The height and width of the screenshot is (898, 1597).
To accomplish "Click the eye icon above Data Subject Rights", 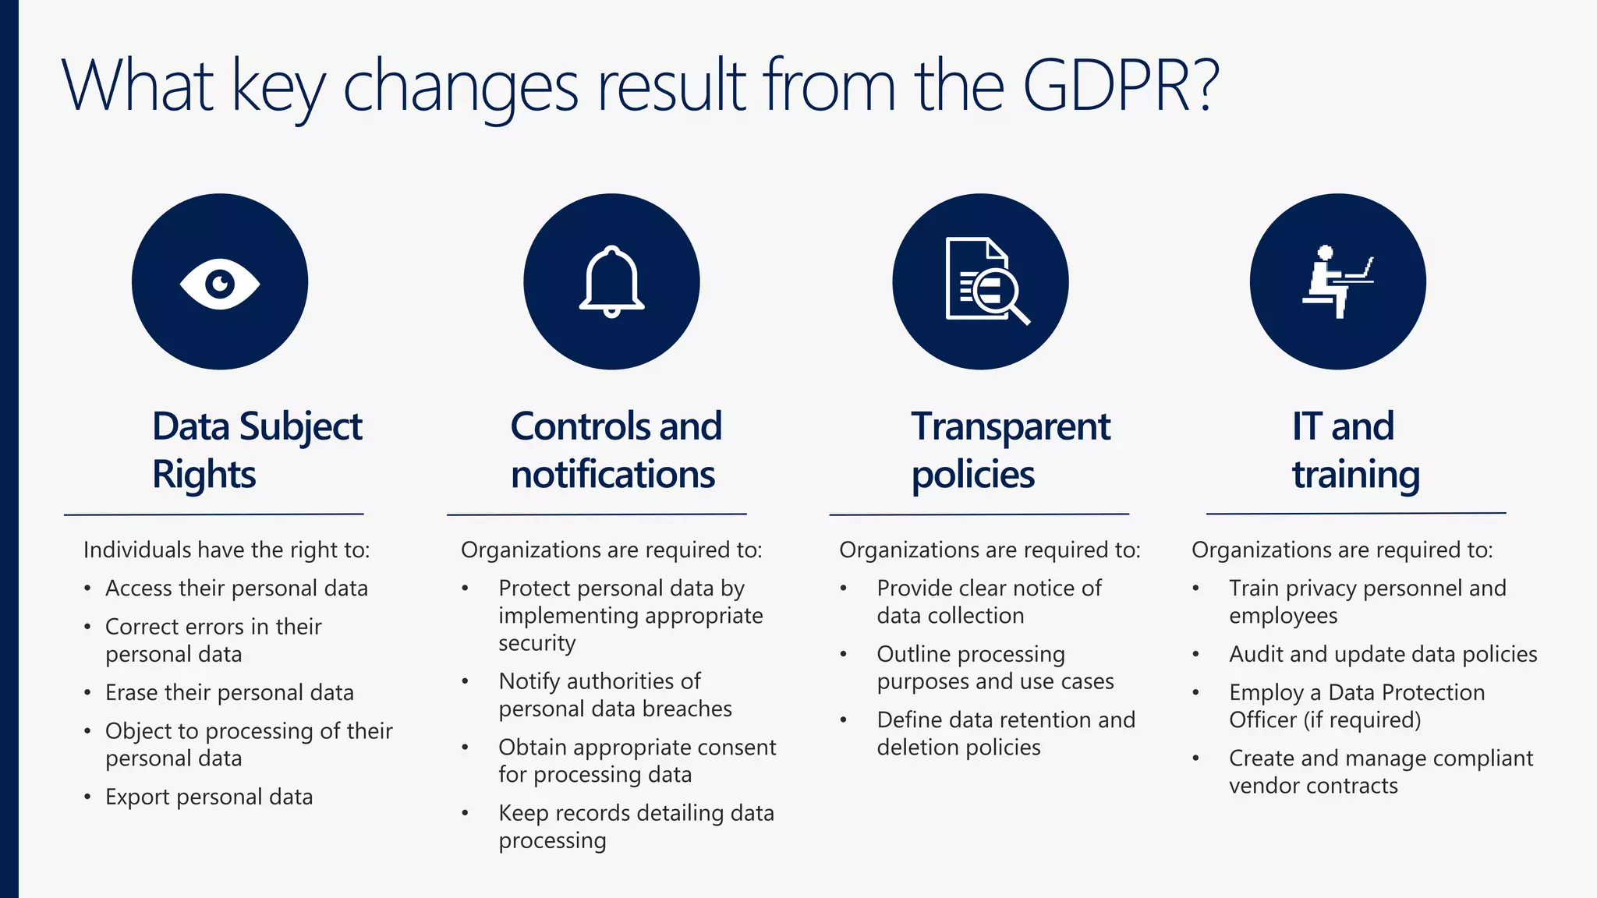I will tap(220, 283).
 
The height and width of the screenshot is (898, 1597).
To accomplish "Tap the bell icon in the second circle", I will tap(611, 282).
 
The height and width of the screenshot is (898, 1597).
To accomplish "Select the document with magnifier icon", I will tap(985, 281).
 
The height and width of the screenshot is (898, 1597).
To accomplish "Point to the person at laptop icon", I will tap(1337, 281).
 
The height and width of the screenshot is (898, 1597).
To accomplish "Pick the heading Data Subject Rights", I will tap(257, 450).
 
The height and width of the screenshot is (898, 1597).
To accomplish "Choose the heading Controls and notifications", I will tap(615, 450).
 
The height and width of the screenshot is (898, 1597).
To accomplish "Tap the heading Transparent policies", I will tap(1011, 450).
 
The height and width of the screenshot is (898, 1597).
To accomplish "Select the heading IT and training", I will tap(1355, 450).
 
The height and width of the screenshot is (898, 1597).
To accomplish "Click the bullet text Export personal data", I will tap(209, 797).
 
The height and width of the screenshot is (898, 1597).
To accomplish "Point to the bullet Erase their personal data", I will tap(229, 692).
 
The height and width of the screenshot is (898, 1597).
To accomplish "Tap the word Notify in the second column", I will tap(530, 681).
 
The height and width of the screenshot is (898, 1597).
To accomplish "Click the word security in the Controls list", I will tap(536, 643).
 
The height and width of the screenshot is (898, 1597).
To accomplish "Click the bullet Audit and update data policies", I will tap(1383, 654).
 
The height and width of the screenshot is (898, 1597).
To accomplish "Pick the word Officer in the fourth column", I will tap(1262, 719).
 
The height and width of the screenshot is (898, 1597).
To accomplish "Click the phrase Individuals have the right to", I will tap(226, 550).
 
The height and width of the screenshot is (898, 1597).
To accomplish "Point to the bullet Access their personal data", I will tap(236, 589).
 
